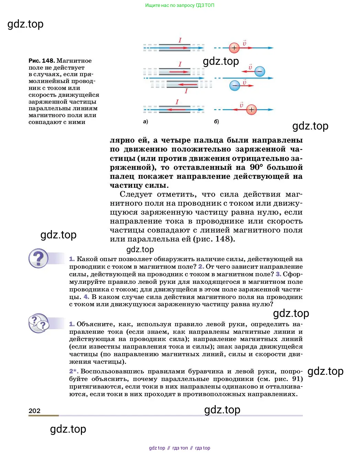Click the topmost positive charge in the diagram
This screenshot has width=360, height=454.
[x=234, y=48]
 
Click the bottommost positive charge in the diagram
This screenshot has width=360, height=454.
[x=252, y=110]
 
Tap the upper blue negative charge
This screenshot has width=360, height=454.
[x=260, y=71]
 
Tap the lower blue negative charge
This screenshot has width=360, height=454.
[x=235, y=85]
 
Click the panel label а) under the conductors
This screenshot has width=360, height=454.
[x=145, y=122]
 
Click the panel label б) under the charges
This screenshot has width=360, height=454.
[x=216, y=122]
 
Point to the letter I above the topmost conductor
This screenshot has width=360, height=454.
[x=180, y=40]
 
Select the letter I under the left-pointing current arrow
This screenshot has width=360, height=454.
[x=186, y=91]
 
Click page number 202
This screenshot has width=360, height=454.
[x=34, y=411]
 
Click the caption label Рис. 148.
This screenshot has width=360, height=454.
[x=42, y=61]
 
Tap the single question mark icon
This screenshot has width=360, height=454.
[x=38, y=258]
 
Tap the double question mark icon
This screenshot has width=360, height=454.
[x=38, y=323]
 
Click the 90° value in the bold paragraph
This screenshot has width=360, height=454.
[x=256, y=167]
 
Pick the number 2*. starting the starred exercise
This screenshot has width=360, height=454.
[x=74, y=371]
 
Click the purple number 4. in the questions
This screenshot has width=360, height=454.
[x=86, y=297]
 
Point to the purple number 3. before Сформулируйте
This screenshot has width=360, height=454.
[x=278, y=274]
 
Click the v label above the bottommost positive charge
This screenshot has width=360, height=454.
[x=241, y=104]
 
